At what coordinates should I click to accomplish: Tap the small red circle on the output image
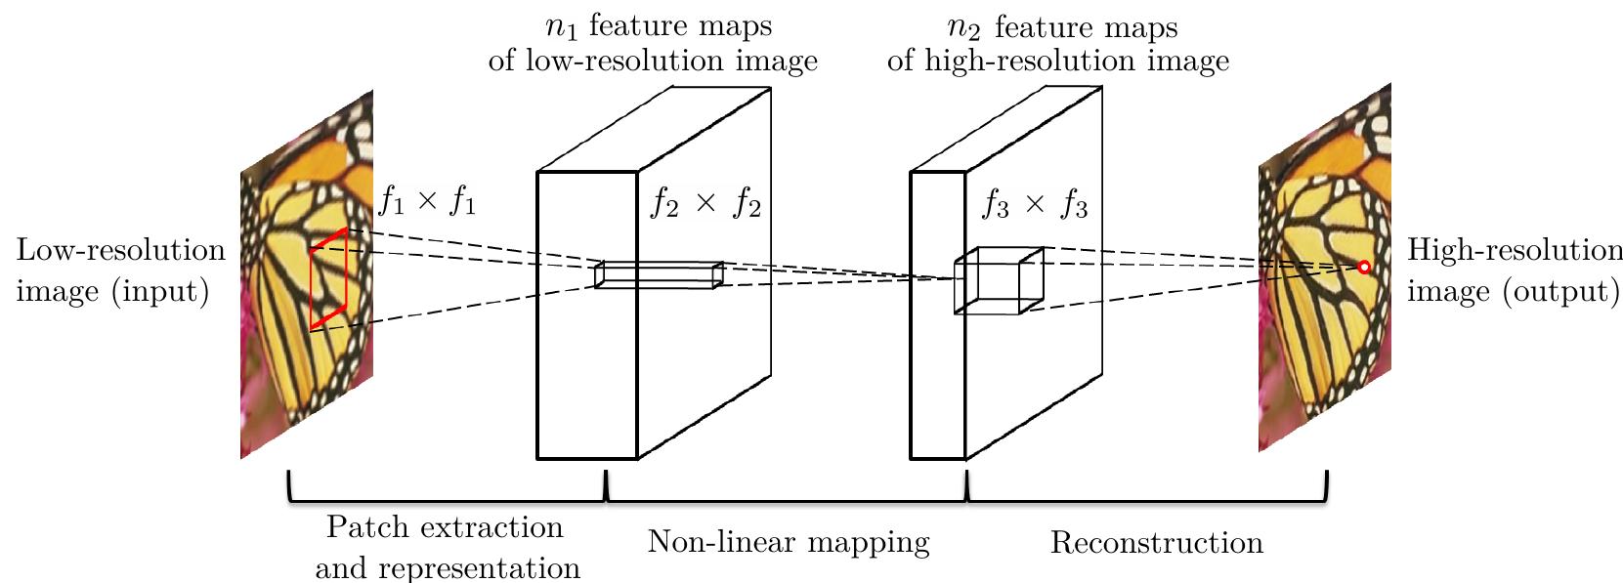pos(1364,268)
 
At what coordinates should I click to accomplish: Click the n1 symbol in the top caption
pos(561,27)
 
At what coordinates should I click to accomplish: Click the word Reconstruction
pos(1156,542)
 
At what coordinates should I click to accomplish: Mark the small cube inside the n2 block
pos(999,280)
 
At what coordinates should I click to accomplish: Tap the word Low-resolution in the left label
pos(121,250)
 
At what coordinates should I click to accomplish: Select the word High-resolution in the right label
pos(1515,250)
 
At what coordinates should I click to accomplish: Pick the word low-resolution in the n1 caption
pos(623,61)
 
